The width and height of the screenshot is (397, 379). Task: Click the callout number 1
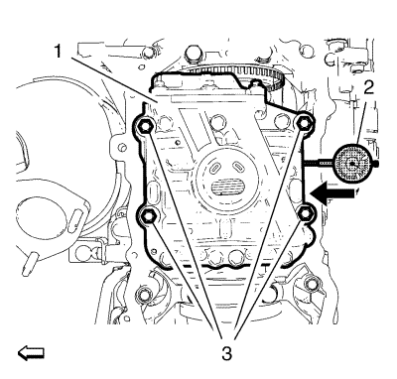click(x=58, y=52)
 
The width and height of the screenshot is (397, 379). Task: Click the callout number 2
click(x=369, y=87)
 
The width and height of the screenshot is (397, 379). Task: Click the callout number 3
click(x=226, y=354)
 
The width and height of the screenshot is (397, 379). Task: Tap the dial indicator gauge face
click(x=352, y=163)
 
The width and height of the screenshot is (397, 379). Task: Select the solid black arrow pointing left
click(x=333, y=193)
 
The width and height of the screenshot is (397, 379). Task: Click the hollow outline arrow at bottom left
click(x=31, y=352)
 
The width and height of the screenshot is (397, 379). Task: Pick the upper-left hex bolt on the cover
click(x=144, y=125)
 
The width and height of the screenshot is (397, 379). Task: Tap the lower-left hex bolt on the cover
click(x=146, y=216)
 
